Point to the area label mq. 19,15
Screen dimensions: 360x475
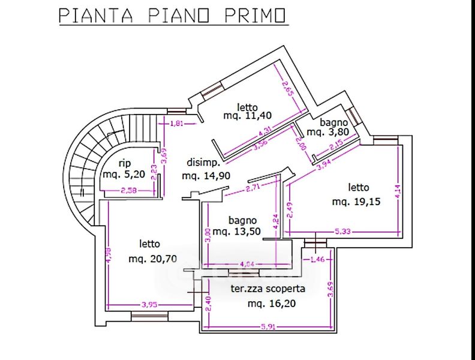coord(357,202)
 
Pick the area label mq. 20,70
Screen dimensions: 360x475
coord(152,259)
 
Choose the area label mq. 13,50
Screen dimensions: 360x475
coord(237,232)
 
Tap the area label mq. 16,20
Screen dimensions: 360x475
coord(272,304)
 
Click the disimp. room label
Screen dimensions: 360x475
coord(205,163)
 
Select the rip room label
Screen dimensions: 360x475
coord(125,163)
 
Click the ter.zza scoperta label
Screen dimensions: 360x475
coord(268,289)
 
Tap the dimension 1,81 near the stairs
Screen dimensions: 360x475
coord(176,124)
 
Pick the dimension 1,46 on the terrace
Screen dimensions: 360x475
coord(317,259)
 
